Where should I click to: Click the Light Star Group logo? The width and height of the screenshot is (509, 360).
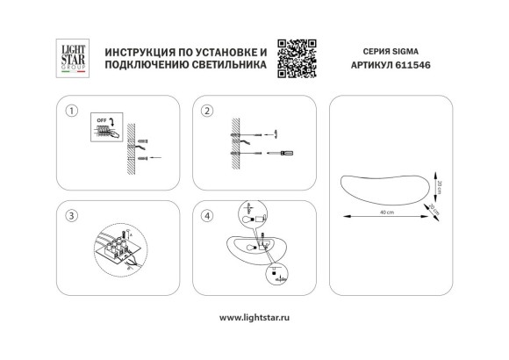click(70, 60)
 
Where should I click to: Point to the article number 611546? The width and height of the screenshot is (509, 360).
click(420, 68)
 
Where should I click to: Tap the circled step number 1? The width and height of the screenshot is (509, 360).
click(72, 112)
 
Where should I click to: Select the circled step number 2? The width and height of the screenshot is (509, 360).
click(207, 112)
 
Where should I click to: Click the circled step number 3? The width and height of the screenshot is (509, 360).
click(72, 215)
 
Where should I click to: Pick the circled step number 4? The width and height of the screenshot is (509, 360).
click(207, 215)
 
